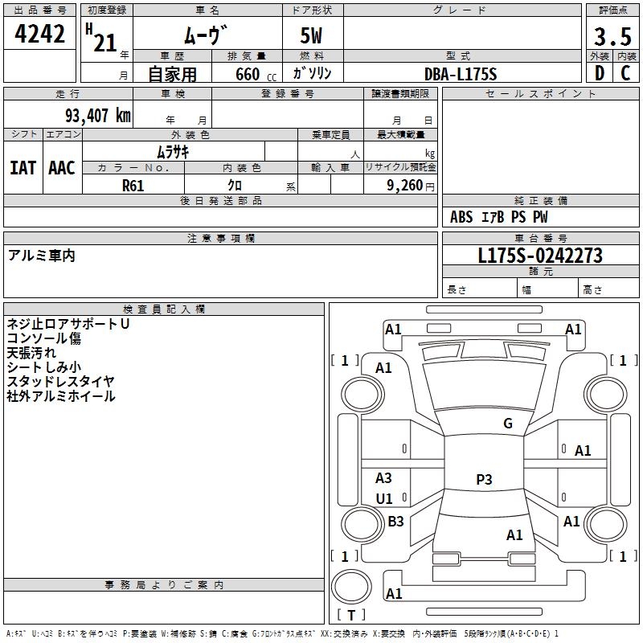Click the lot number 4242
coord(40,35)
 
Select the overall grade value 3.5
coord(612,37)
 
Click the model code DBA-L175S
coord(461,74)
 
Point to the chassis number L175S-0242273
coord(540,256)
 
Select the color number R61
coord(133,185)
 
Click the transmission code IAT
coord(23,168)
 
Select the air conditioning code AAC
coord(62,168)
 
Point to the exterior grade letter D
coord(599,73)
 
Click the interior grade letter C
coord(625,73)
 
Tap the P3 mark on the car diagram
coord(484,480)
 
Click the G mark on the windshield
coord(507,424)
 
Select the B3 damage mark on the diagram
coord(395,522)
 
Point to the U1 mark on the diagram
coord(384,499)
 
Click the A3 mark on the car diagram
coord(384,478)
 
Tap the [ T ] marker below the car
coord(351,615)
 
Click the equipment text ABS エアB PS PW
coord(499,217)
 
